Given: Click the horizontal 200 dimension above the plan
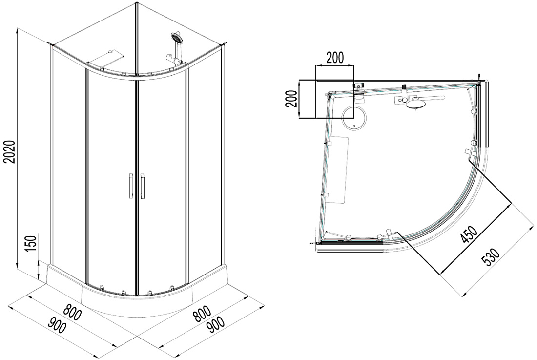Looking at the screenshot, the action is coord(334,58).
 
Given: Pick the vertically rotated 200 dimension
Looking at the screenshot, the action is coord(291,99).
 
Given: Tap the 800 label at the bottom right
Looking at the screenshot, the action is coord(201,314).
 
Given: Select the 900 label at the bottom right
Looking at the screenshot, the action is coord(216,325).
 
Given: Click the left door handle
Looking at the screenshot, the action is coord(130,186).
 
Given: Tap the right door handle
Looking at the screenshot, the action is coord(142,186).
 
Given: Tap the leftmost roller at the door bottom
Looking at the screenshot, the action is coord(102,286).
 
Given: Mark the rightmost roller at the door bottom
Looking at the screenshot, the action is coord(172,286).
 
